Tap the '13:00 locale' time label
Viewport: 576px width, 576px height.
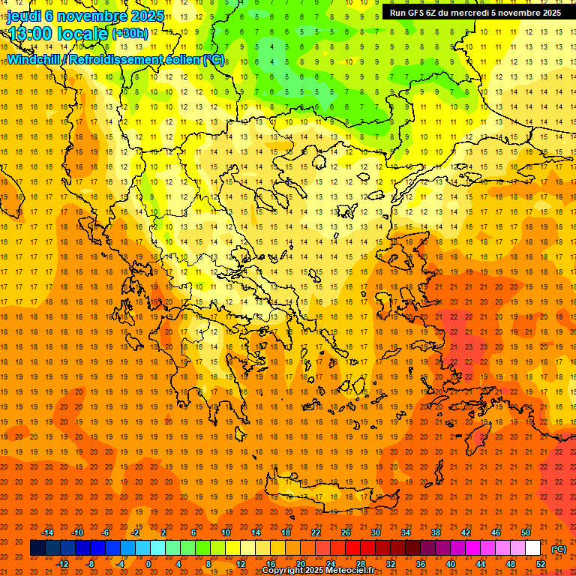point(58,33)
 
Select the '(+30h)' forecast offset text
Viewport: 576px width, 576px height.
point(130,34)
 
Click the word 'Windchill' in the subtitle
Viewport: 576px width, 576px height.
point(34,59)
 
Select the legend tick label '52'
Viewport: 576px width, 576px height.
point(541,564)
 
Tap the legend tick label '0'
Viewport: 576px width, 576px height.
point(148,564)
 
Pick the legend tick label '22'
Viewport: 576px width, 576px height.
point(316,532)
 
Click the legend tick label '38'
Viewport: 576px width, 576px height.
point(436,532)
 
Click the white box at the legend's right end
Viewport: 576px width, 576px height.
point(533,548)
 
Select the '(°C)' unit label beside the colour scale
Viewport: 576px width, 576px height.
point(559,549)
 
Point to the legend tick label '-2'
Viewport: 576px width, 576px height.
point(136,532)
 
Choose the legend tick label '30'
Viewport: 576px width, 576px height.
point(376,532)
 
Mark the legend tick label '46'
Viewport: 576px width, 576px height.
point(496,532)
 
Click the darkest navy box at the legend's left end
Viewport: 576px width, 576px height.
point(37,548)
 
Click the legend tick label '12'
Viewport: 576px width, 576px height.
point(241,564)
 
